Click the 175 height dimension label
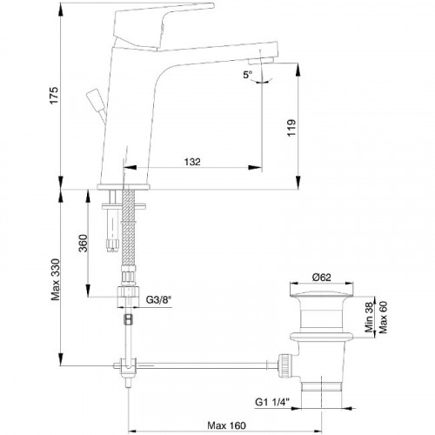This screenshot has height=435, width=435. pos(54,95)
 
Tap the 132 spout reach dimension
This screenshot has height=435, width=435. pos(192,162)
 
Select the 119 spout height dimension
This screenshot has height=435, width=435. pos(291,127)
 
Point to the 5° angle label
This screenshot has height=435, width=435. pos(247,75)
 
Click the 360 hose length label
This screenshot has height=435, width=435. pos(84,243)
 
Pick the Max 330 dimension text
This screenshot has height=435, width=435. pos(55,279)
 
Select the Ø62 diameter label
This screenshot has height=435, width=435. pos(322,278)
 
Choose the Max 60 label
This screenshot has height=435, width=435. pos(383,318)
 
